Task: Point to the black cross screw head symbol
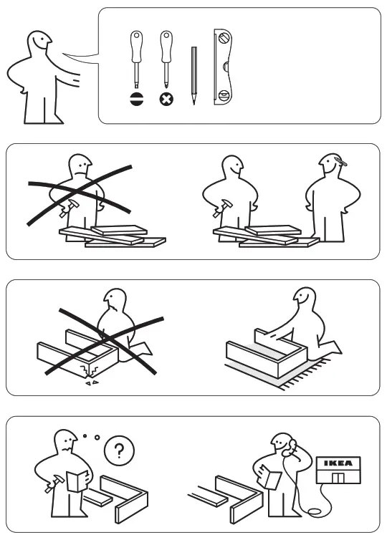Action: tap(166, 100)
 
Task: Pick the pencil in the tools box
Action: tap(193, 75)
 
